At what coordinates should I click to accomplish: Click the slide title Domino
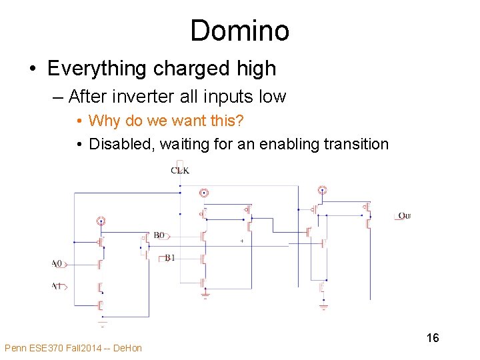pos(239,31)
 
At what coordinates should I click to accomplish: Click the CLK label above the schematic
pos(180,171)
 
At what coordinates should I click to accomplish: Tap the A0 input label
pos(57,264)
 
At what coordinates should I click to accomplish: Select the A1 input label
pos(57,286)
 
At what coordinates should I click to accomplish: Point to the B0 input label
pos(159,235)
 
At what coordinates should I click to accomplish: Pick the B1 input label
pos(170,257)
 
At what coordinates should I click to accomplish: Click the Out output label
pos(404,216)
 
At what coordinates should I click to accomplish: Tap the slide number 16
pos(433,338)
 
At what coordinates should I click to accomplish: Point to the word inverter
pos(143,97)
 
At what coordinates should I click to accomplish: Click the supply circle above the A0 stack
pos(101,221)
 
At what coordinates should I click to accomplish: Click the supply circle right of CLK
pos(204,193)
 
